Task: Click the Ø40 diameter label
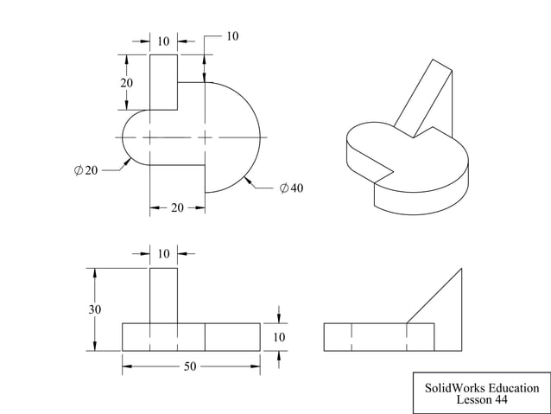(x=291, y=188)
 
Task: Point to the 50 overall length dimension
(x=190, y=366)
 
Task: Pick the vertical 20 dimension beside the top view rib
(x=127, y=83)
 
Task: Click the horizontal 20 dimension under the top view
(x=176, y=207)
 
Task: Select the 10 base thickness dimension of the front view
(x=279, y=337)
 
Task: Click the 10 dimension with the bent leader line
(x=232, y=36)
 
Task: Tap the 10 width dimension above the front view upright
(x=163, y=253)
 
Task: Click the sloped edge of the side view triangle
(x=434, y=296)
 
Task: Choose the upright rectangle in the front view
(x=163, y=295)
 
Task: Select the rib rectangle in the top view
(x=163, y=82)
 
